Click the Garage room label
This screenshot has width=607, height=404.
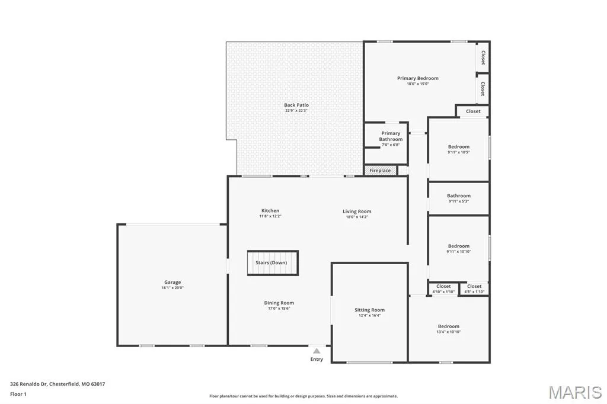click(x=172, y=282)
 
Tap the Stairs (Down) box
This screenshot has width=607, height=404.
click(x=273, y=263)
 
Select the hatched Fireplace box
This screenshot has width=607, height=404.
click(x=381, y=170)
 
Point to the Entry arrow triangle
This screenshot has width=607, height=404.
click(x=317, y=351)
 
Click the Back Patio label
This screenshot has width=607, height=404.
click(x=296, y=105)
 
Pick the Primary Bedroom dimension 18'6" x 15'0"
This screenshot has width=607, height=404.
click(x=418, y=84)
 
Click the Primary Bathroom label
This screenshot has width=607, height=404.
click(x=391, y=136)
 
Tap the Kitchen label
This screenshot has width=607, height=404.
click(x=270, y=211)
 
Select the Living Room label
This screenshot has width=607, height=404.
click(x=357, y=211)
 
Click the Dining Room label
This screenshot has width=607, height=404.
click(x=279, y=303)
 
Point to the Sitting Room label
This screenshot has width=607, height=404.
click(x=370, y=310)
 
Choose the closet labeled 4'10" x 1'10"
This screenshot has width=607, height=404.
click(x=443, y=289)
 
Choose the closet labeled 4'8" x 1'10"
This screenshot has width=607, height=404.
click(x=474, y=289)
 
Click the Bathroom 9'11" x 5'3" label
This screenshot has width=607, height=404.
click(x=459, y=198)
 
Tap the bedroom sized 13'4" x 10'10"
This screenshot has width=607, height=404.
click(x=449, y=329)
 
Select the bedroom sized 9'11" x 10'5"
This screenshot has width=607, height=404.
click(x=459, y=149)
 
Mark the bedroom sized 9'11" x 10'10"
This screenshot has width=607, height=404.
click(x=459, y=248)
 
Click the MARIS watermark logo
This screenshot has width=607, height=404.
click(x=575, y=392)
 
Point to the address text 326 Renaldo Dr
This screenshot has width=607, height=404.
click(x=28, y=384)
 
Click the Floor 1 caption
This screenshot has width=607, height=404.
click(x=18, y=395)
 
